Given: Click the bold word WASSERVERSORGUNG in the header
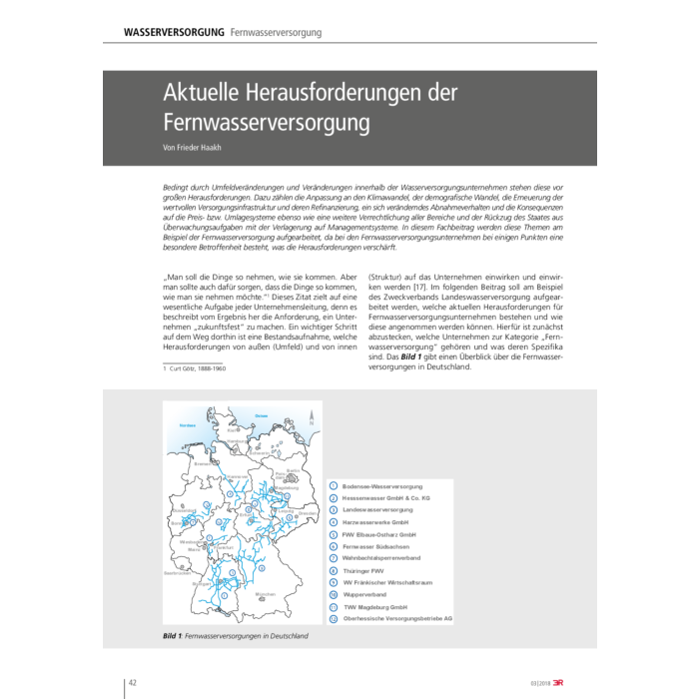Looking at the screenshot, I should pyautogui.click(x=174, y=33).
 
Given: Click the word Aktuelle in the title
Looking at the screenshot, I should pyautogui.click(x=204, y=93).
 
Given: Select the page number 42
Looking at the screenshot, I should pyautogui.click(x=132, y=682).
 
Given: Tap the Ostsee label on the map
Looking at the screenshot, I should pyautogui.click(x=261, y=414).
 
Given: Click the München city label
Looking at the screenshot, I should pyautogui.click(x=266, y=594).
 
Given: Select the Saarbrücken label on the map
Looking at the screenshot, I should pyautogui.click(x=177, y=573).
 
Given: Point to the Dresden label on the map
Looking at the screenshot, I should pyautogui.click(x=308, y=513).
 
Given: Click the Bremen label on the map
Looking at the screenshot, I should pyautogui.click(x=205, y=463).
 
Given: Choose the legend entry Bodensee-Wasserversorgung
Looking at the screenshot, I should pyautogui.click(x=381, y=485).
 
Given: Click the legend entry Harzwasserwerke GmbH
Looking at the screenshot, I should pyautogui.click(x=374, y=522).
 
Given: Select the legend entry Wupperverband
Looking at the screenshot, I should pyautogui.click(x=364, y=594).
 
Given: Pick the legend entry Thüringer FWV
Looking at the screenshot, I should pyautogui.click(x=363, y=571).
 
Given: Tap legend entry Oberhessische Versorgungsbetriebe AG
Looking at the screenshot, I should pyautogui.click(x=396, y=618).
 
